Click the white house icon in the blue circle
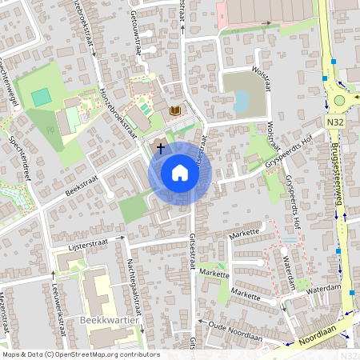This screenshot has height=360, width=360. click(x=180, y=172)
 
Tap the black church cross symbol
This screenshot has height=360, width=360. click(x=160, y=148)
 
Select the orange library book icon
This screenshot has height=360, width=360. click(x=175, y=110)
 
